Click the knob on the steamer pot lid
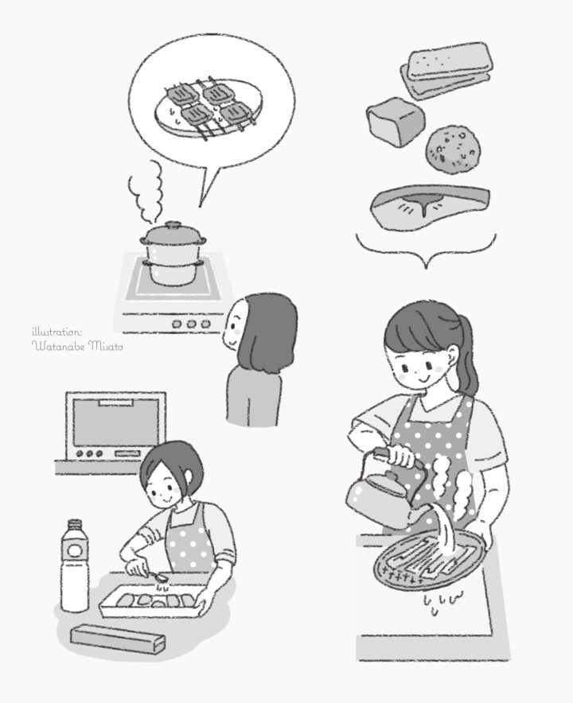coord(173,224)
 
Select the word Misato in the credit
coord(105,346)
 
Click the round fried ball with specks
coord(452,149)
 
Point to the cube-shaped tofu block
coord(396,121)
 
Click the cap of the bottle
coord(75,525)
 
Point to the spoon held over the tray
coord(155,575)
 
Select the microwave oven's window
coord(115,422)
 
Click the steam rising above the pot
coord(146,192)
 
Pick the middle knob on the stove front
coord(191,323)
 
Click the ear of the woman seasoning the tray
coord(188,476)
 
